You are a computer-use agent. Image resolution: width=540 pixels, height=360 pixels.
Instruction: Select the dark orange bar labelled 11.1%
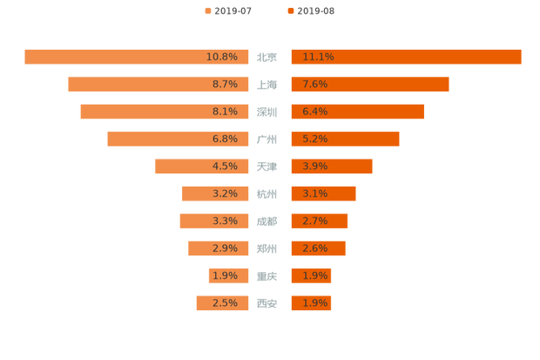click(406, 57)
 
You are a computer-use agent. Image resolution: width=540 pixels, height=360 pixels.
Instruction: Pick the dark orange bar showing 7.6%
click(369, 85)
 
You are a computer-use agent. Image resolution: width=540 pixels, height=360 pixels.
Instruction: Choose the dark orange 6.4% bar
click(357, 112)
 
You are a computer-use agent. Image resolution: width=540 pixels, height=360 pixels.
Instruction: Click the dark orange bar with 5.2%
click(345, 139)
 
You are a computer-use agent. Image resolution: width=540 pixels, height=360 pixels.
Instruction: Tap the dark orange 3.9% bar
click(331, 166)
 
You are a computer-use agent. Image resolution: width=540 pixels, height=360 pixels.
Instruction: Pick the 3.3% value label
click(224, 221)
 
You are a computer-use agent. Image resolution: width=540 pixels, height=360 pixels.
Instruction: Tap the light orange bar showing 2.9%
click(218, 248)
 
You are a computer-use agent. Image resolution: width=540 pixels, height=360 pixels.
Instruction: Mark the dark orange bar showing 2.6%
click(318, 248)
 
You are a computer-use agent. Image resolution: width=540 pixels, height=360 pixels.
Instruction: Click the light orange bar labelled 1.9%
click(228, 276)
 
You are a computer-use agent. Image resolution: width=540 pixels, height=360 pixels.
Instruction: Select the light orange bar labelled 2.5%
click(222, 303)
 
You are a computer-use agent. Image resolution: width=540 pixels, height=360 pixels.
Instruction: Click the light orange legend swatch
click(207, 10)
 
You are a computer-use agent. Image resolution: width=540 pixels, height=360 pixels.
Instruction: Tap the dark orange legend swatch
click(289, 10)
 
